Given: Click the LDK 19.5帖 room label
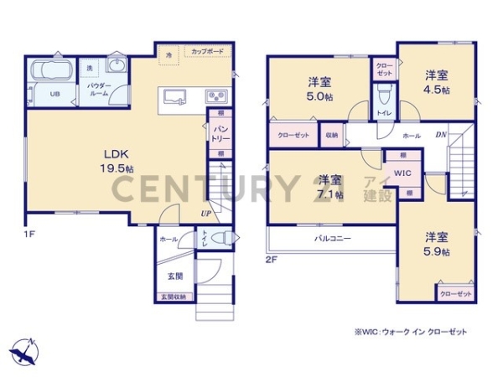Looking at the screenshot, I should pos(116,160).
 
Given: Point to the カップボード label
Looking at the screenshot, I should pos(207,51).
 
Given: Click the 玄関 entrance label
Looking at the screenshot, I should pos(174,276).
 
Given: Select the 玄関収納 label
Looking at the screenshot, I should pos(174,297).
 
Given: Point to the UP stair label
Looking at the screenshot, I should pos(205,214).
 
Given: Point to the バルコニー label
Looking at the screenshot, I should pos(333,238).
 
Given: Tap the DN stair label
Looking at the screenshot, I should pos(439,135).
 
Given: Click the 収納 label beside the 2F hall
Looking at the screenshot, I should pos(332,134).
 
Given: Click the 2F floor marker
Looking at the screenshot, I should pos(271,260).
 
